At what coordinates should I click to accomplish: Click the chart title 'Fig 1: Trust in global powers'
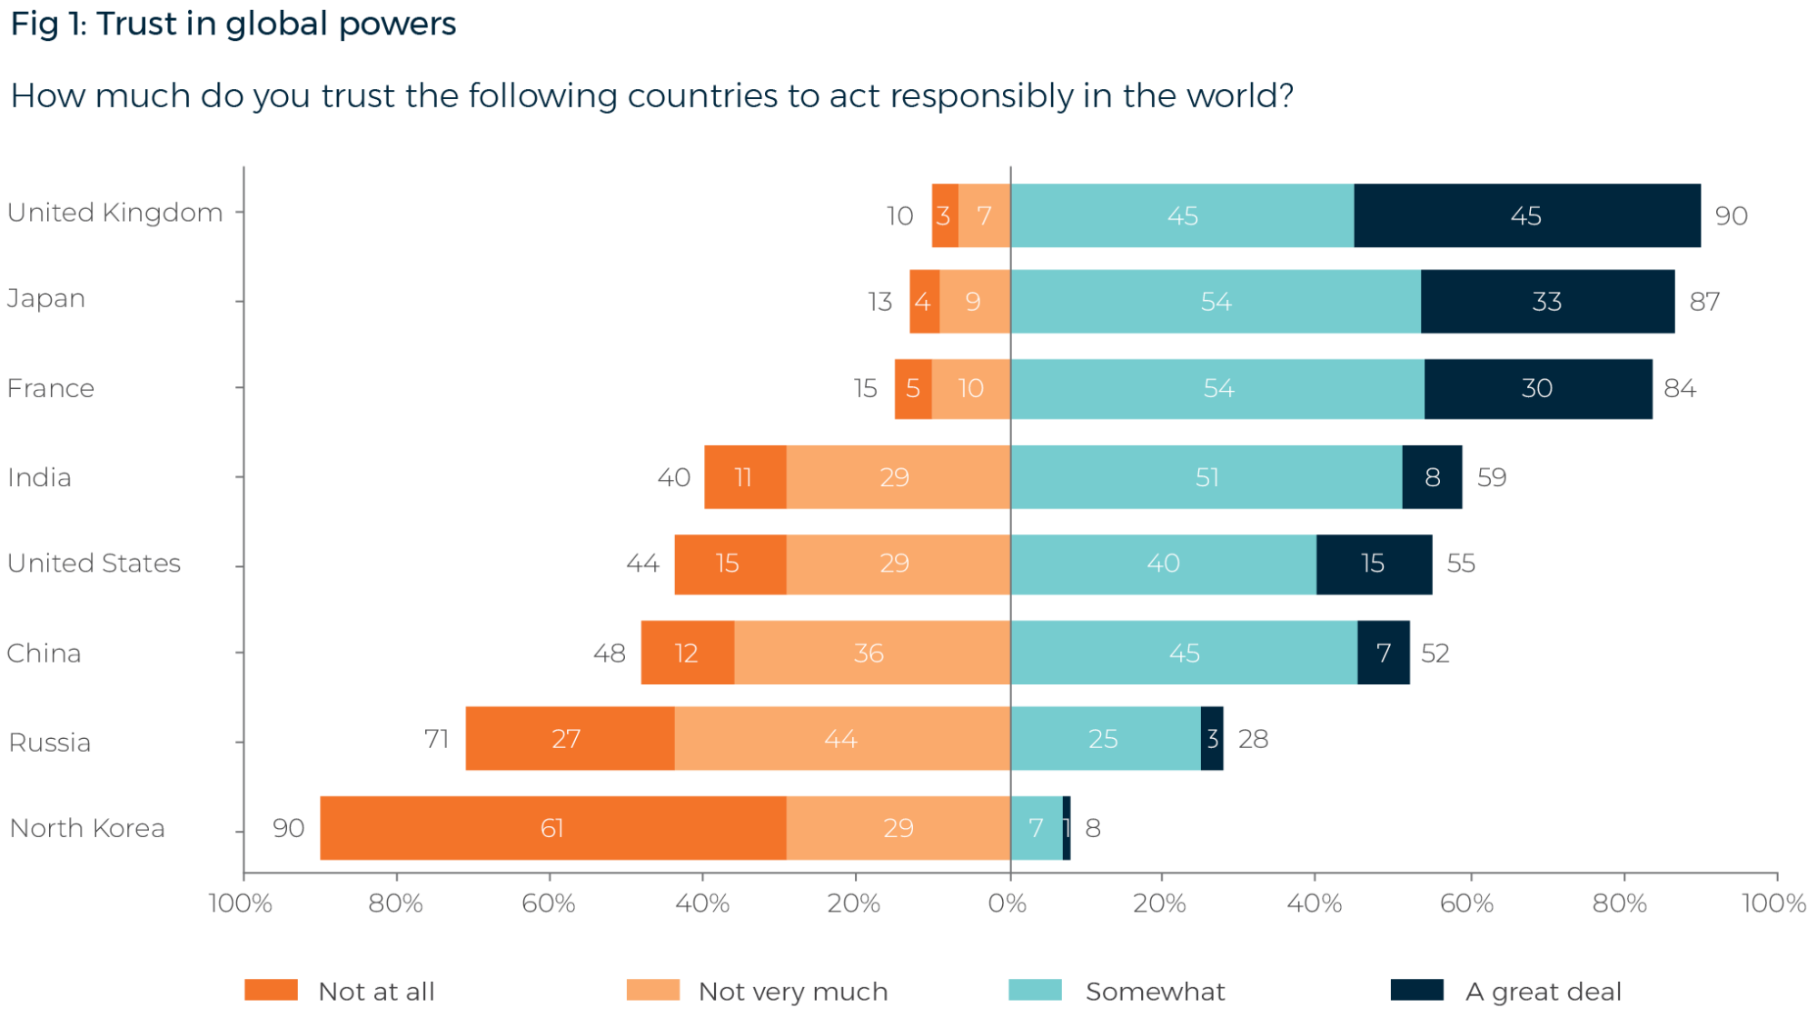pos(233,25)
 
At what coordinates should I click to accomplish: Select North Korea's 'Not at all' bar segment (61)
pos(552,828)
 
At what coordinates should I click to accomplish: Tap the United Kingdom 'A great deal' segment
pos(1526,215)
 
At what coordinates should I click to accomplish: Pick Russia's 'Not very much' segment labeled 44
pos(841,739)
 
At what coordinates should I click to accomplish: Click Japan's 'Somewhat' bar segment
pos(1216,302)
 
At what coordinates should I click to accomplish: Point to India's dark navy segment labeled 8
pos(1433,477)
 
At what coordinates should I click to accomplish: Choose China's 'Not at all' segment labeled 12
pos(687,653)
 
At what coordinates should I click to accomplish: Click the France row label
pos(51,388)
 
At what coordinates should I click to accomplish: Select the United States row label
pos(94,564)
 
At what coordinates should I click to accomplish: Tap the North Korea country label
pos(87,828)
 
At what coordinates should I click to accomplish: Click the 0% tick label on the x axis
pos(1008,903)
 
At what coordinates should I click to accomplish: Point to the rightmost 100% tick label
pos(1773,903)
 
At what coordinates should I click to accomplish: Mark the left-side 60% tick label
pos(549,903)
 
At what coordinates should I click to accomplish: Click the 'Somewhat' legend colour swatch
pos(1035,990)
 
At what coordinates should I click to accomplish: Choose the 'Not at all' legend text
pos(376,991)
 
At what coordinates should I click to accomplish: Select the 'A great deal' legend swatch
pos(1417,990)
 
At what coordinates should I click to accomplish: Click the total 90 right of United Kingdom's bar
pos(1732,216)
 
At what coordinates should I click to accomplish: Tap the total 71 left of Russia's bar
pos(437,739)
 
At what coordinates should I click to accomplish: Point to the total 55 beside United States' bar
pos(1461,564)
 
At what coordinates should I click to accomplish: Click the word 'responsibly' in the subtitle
pos(982,95)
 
